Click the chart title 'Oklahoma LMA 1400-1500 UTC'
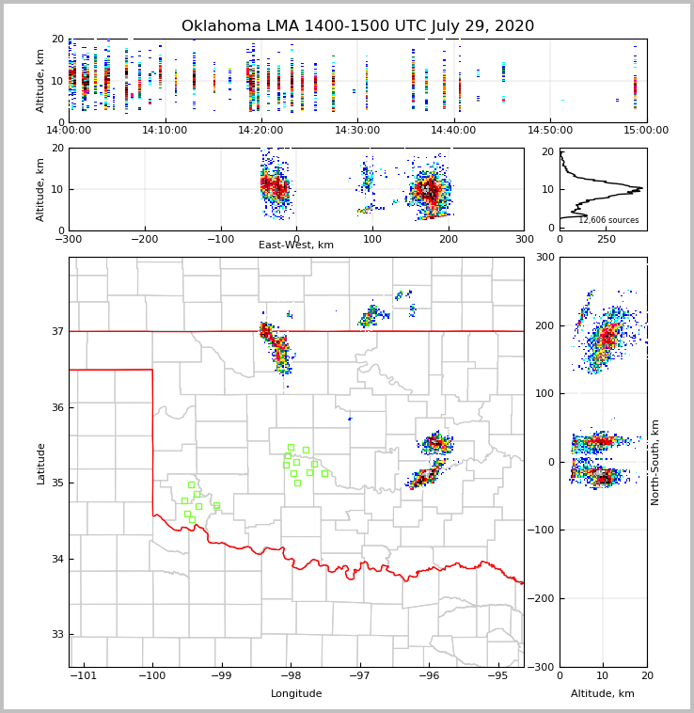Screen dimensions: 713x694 357,26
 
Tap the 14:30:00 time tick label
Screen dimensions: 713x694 357,130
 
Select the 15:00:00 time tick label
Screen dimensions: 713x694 646,130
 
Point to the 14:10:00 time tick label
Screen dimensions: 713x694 165,130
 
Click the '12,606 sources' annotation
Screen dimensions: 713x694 608,220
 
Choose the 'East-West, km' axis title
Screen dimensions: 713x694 296,246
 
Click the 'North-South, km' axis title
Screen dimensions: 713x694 655,462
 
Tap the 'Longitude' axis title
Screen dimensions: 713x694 296,694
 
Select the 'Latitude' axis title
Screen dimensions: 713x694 41,463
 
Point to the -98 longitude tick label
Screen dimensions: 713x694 290,675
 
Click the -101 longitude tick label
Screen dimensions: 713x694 83,675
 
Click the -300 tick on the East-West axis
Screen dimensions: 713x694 69,239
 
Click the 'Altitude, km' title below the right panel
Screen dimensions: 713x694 603,694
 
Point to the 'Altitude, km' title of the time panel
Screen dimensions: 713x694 41,81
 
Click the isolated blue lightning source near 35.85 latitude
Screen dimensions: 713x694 350,419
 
